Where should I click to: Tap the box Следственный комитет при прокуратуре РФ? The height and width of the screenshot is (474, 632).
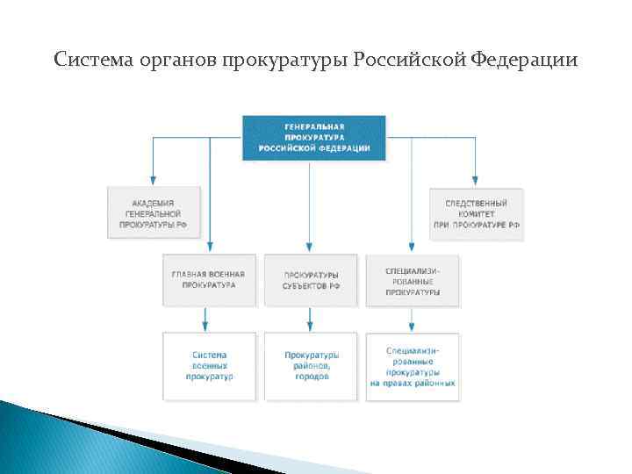point(476,213)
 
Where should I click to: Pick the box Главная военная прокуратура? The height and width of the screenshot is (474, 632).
point(209,280)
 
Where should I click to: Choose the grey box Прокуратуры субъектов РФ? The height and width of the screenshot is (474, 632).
point(311,280)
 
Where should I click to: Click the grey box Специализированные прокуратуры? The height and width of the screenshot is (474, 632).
point(413,280)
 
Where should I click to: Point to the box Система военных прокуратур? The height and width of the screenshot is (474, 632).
point(209,365)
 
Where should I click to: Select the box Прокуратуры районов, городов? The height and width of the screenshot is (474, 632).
point(311,365)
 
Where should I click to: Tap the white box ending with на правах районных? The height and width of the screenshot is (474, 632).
point(413,365)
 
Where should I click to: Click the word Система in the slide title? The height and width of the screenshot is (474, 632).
point(91,61)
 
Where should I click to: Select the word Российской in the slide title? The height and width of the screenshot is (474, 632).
point(408,61)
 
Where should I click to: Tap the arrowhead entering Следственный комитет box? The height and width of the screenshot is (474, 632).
point(476,181)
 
